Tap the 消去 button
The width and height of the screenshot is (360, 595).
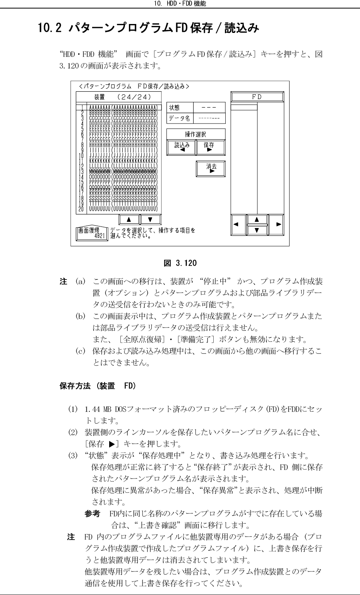click(x=211, y=168)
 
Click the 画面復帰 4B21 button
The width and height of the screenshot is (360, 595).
click(x=92, y=233)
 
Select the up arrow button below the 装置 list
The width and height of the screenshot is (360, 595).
click(x=129, y=219)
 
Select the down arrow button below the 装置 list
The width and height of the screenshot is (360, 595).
click(x=150, y=219)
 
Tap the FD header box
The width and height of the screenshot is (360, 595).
click(x=257, y=97)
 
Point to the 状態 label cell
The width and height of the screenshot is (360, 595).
click(x=179, y=108)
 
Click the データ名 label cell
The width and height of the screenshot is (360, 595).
click(x=179, y=118)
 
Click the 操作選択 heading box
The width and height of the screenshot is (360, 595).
click(x=196, y=134)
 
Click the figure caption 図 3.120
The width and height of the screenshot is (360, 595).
click(x=180, y=263)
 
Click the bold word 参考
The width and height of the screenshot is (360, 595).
click(x=93, y=514)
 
